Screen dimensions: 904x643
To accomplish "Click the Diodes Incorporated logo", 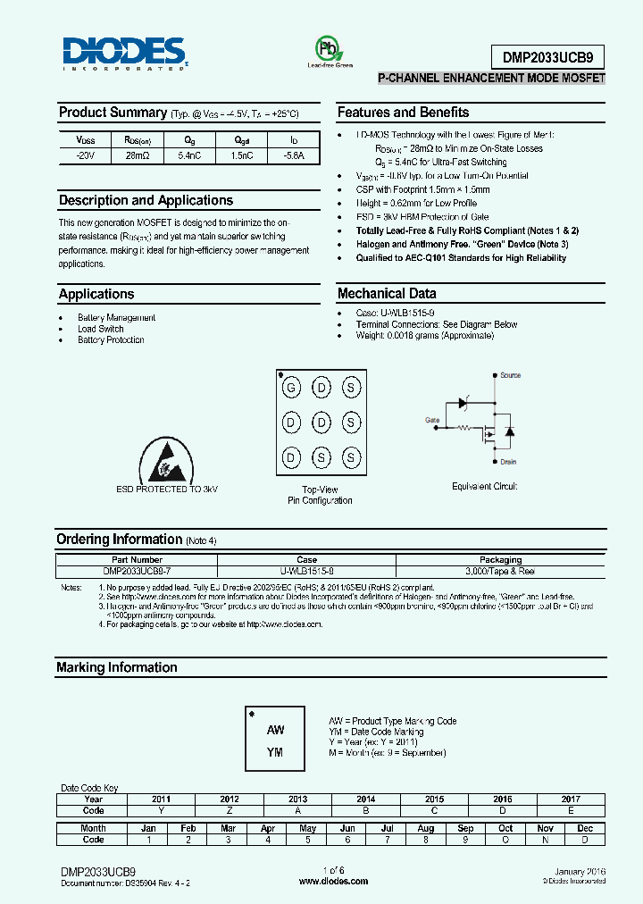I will coord(124,53).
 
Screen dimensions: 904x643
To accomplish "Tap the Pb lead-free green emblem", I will coord(330,48).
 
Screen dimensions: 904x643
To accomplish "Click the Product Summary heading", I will coord(113,113).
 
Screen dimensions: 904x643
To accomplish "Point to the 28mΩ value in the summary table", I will coord(137,155).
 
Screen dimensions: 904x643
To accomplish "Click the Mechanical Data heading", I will coord(387,293).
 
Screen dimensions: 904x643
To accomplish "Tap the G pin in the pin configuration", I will coord(290,387).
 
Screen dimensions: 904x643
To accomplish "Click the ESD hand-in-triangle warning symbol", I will coord(166,462).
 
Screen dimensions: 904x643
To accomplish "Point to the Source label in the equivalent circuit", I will coord(510,375).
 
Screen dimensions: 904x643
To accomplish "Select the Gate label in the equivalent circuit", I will coord(432,419).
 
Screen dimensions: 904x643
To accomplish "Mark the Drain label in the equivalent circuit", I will coord(508,462).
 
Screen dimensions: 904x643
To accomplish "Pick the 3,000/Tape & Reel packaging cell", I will coord(500,570).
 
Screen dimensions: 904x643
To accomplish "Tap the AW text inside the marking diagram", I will coord(275,730).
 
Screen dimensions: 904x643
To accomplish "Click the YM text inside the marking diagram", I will coord(275,752).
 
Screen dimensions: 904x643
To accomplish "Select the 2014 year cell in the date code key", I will coord(365,799).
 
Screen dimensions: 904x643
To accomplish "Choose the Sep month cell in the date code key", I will coord(465,828).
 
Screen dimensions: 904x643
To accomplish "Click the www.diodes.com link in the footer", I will coord(333,881).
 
